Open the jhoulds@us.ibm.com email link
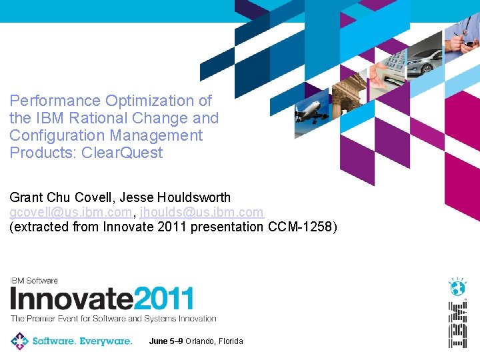(201, 213)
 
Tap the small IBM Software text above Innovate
(33, 281)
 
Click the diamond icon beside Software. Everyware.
(19, 341)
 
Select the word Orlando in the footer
(200, 341)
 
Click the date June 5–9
(166, 341)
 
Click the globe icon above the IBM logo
(457, 287)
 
